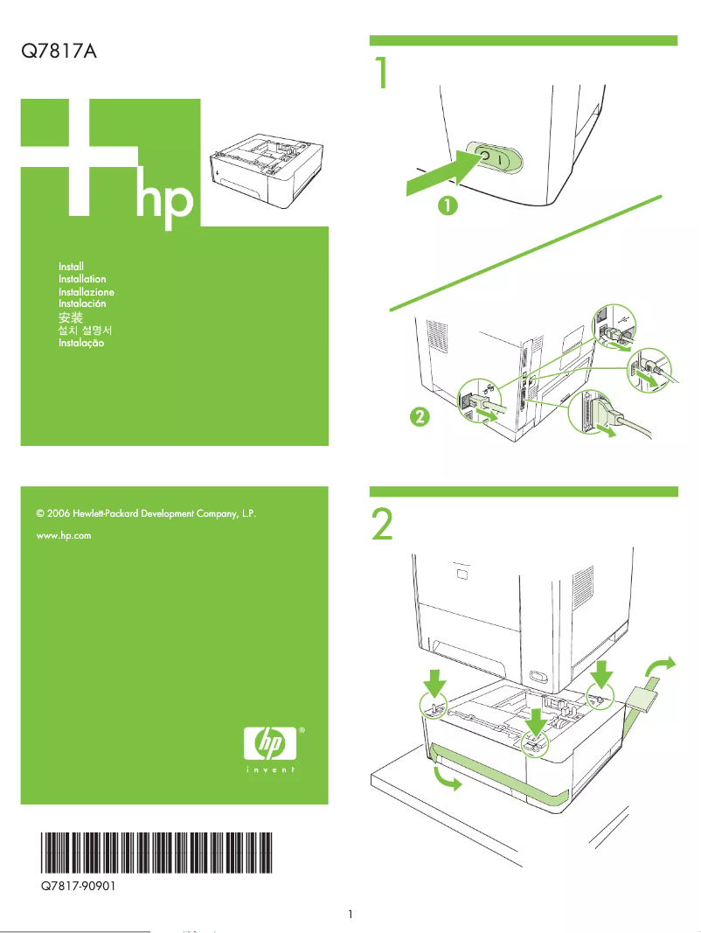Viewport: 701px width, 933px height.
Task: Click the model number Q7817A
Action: point(58,52)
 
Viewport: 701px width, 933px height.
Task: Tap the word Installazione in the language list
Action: point(87,291)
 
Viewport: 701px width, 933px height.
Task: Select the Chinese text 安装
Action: point(71,317)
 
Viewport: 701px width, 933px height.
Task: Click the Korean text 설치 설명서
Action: point(85,331)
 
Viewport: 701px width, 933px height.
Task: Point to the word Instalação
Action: point(81,344)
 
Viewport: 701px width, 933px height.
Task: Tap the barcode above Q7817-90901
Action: point(156,854)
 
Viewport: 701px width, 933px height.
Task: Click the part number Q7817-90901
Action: point(80,886)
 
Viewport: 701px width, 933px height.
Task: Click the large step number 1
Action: point(381,75)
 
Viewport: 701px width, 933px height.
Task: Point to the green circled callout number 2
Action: point(420,417)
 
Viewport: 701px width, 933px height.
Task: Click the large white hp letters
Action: point(163,200)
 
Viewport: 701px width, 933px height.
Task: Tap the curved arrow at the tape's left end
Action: point(444,781)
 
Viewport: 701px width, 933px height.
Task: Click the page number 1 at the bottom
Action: point(350,915)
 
